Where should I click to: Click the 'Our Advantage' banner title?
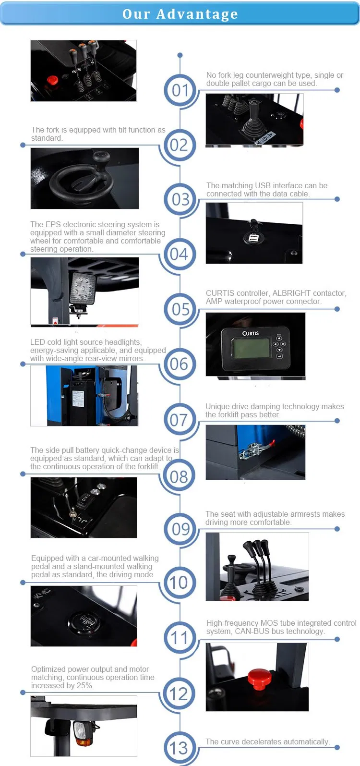pyautogui.click(x=180, y=14)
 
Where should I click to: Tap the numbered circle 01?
pyautogui.click(x=180, y=90)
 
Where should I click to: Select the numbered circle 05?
pyautogui.click(x=180, y=309)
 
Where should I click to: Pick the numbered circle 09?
pyautogui.click(x=180, y=529)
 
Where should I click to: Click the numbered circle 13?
pyautogui.click(x=179, y=748)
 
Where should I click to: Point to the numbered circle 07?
pyautogui.click(x=179, y=420)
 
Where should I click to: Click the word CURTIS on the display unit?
pyautogui.click(x=250, y=333)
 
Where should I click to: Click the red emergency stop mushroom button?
pyautogui.click(x=259, y=678)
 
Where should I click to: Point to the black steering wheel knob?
pyautogui.click(x=101, y=157)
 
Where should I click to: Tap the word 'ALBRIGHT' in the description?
pyautogui.click(x=293, y=293)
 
